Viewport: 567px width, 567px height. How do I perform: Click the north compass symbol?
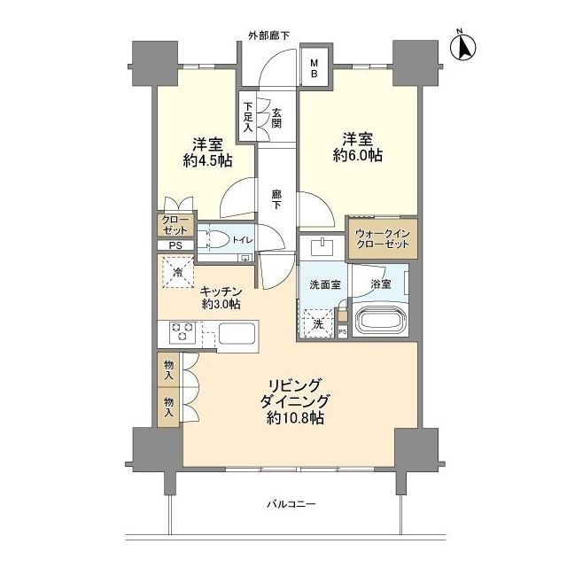[x=462, y=45]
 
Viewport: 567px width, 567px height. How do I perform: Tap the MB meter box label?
[x=313, y=69]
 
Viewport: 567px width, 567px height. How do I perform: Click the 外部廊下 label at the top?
[x=268, y=35]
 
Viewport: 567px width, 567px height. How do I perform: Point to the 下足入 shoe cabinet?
[x=248, y=116]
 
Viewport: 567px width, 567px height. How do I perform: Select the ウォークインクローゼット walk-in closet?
[x=382, y=237]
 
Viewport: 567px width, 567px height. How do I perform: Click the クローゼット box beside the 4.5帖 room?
[x=175, y=225]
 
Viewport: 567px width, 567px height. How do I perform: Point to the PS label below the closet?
[x=175, y=246]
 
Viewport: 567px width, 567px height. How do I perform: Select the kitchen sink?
[x=236, y=334]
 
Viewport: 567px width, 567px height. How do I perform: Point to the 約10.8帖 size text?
[x=291, y=415]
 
